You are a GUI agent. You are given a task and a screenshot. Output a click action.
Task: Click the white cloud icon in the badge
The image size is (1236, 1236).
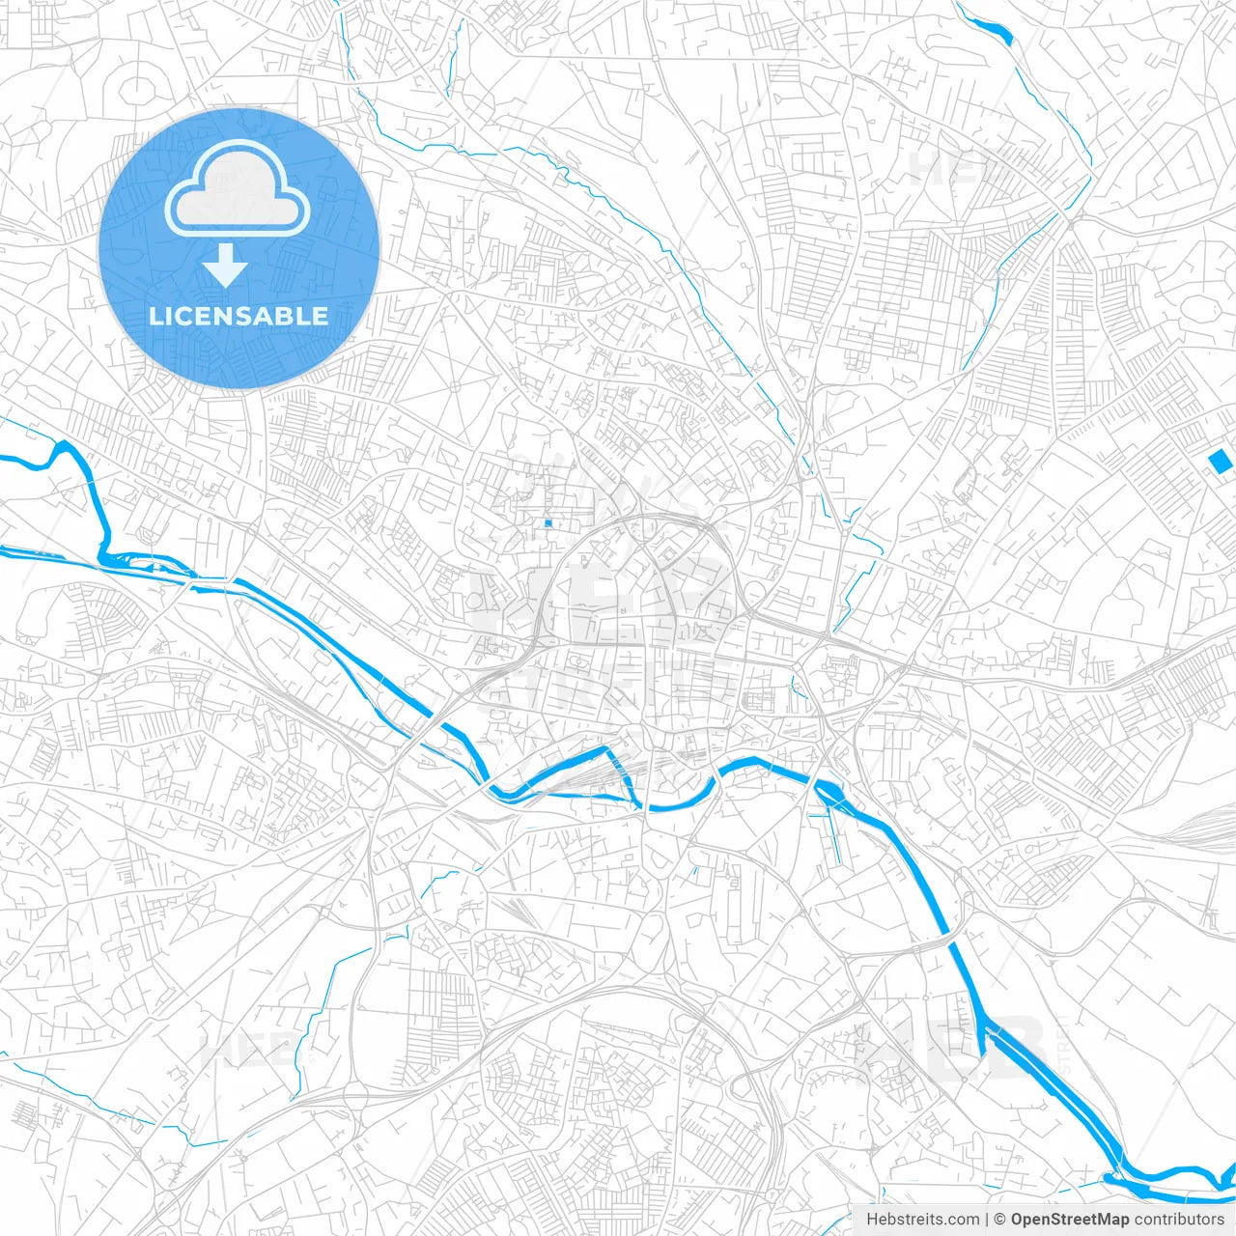(x=238, y=190)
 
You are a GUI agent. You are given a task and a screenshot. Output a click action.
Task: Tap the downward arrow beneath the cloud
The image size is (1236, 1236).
(x=226, y=266)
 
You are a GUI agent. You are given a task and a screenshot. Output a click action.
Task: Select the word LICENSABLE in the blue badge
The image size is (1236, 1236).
(x=238, y=317)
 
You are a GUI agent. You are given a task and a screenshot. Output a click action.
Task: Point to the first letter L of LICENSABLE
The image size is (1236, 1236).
(x=154, y=317)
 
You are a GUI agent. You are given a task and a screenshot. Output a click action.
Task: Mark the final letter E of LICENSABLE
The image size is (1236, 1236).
(x=319, y=317)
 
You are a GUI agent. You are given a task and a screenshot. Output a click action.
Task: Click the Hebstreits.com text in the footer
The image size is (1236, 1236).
(x=922, y=1220)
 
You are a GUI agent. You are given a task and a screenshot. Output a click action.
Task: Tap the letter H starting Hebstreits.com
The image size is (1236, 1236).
(x=872, y=1220)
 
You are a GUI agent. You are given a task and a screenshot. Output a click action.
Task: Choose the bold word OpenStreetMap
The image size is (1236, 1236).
(x=1069, y=1220)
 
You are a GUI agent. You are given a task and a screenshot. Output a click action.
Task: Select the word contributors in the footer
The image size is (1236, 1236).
(x=1179, y=1220)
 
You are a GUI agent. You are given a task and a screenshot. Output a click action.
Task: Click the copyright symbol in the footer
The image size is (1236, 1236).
(x=1000, y=1220)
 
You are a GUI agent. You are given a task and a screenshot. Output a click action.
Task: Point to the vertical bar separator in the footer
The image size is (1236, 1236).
(x=987, y=1220)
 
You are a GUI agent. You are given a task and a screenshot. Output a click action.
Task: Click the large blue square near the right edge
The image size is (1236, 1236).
(x=1221, y=462)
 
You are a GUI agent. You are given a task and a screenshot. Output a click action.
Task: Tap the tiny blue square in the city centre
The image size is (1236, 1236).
(x=548, y=523)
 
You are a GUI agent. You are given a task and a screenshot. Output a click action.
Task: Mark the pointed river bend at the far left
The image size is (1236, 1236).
(x=64, y=445)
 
